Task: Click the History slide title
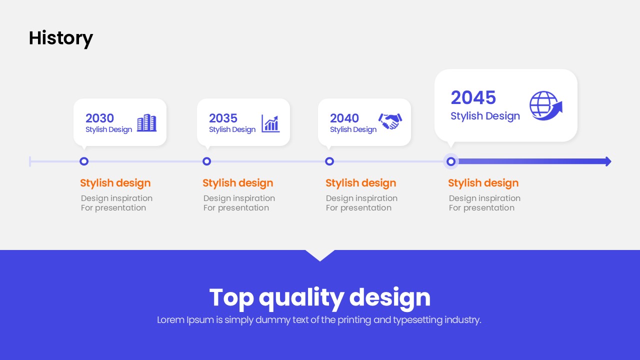[x=61, y=38]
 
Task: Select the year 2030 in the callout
[x=99, y=118]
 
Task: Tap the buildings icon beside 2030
[x=146, y=123]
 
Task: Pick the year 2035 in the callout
[x=223, y=118]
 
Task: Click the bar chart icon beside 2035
[x=270, y=123]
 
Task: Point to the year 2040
[x=344, y=118]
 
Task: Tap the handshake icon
[x=390, y=121]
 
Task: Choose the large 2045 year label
[x=473, y=97]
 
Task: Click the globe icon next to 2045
[x=545, y=105]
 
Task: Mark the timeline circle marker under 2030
[x=84, y=161]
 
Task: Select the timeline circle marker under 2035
[x=206, y=161]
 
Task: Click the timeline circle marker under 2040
[x=329, y=161]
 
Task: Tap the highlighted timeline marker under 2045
[x=451, y=161]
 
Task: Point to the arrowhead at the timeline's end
[x=608, y=161]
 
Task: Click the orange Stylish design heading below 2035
[x=237, y=183]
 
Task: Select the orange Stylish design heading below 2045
[x=483, y=183]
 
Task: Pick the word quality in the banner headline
[x=301, y=298]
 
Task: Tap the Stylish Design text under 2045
[x=485, y=116]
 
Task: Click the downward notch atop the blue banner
[x=320, y=255]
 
